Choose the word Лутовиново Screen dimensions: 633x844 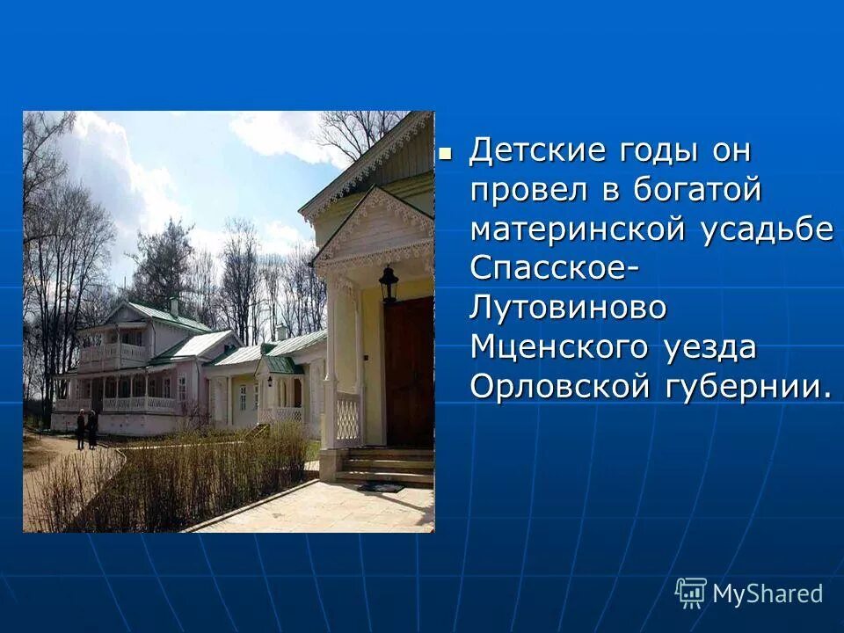point(568,308)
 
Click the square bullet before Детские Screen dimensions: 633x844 point(446,151)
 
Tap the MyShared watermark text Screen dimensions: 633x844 point(768,593)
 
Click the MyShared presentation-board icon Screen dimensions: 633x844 point(691,593)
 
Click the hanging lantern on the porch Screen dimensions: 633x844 point(389,284)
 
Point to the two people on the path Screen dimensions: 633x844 point(86,429)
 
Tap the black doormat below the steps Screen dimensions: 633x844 point(380,486)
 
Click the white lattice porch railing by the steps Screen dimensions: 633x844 point(348,418)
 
